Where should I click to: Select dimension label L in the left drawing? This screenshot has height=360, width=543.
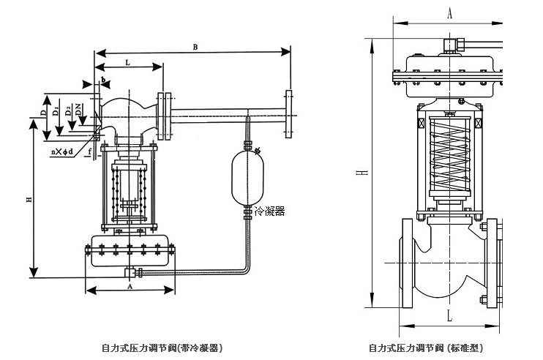pos(128,64)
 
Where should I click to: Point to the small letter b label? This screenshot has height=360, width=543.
pos(105,78)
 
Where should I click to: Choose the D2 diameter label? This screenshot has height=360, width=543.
pos(67,110)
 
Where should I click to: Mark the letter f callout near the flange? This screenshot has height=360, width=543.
pos(89,152)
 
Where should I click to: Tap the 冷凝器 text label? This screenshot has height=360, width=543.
pos(269,211)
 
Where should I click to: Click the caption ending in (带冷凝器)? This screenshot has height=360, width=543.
pos(162,348)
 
